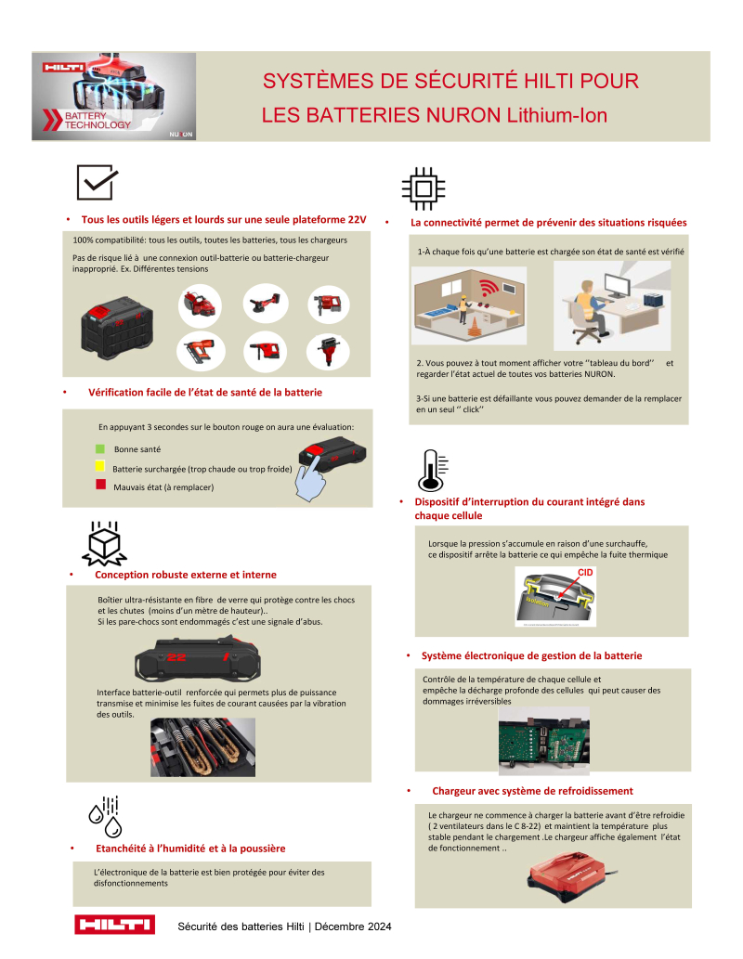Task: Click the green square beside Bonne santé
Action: pyautogui.click(x=100, y=449)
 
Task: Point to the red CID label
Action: pyautogui.click(x=585, y=574)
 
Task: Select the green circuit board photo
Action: pyautogui.click(x=546, y=741)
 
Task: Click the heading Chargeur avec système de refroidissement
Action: pyautogui.click(x=532, y=791)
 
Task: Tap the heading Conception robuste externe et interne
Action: pyautogui.click(x=186, y=575)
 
